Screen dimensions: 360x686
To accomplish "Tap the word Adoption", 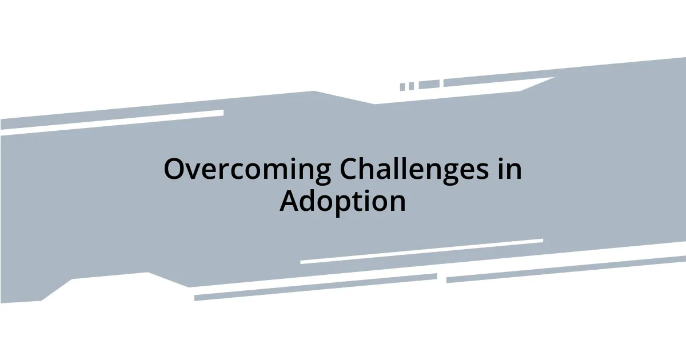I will point(343,201).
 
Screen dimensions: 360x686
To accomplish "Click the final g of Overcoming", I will point(322,173).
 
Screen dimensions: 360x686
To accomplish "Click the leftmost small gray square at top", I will point(402,87).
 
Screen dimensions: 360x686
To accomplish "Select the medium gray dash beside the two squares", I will point(429,85).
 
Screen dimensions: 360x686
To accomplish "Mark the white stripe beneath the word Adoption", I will point(421,251).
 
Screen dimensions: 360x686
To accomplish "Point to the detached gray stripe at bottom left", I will point(314,287).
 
